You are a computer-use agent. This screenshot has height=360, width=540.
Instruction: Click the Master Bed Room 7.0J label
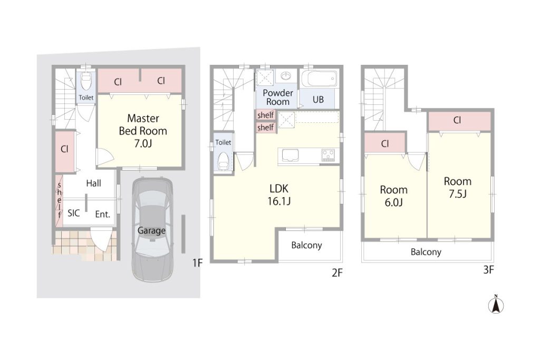(x=143, y=131)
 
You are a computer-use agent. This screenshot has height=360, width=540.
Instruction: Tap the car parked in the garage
(x=152, y=230)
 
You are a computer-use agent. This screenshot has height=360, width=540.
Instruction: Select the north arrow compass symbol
(x=496, y=304)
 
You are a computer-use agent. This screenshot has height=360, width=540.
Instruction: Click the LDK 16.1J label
(x=279, y=195)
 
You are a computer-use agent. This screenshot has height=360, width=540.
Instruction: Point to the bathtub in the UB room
(x=319, y=79)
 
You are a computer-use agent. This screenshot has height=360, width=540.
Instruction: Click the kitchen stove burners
(x=328, y=155)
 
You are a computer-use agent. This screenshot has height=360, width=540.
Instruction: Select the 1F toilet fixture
(x=86, y=81)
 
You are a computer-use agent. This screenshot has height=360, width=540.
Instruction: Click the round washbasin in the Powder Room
(x=285, y=75)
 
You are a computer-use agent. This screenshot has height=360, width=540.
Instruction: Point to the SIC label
(x=74, y=213)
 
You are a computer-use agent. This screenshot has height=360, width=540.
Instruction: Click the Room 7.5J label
(x=457, y=188)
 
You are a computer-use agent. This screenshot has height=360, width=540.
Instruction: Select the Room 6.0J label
(x=393, y=196)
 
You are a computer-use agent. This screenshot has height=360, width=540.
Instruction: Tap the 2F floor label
(x=337, y=273)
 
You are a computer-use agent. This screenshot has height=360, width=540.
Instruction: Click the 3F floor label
(x=489, y=270)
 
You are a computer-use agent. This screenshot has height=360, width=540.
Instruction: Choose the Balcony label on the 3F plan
(x=426, y=252)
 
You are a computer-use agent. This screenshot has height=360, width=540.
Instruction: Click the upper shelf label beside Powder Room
(x=266, y=115)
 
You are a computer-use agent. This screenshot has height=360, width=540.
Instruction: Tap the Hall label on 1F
(x=94, y=183)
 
